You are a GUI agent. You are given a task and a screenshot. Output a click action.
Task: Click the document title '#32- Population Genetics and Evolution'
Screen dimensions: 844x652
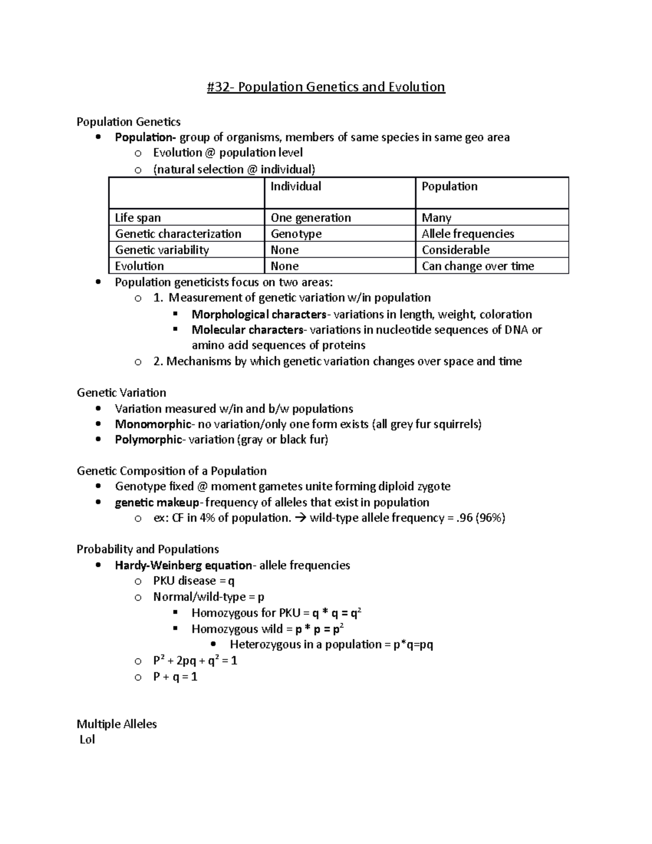coord(325,87)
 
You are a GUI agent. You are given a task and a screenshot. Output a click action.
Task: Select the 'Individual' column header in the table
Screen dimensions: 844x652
coord(296,186)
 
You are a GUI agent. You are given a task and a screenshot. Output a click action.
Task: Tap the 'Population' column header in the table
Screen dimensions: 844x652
coord(449,186)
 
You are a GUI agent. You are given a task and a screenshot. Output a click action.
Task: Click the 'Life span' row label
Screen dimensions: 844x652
coord(137,218)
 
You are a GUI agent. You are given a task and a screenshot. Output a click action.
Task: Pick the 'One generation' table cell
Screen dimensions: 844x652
coord(311,218)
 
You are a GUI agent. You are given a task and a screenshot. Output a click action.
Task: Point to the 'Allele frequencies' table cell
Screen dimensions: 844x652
coord(467,234)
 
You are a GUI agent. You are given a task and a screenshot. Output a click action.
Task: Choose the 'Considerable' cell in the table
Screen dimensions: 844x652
coord(455,250)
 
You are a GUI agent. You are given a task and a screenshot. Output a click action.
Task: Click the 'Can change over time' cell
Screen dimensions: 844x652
coord(478,266)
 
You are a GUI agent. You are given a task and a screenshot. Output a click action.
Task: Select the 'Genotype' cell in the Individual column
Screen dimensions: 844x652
coord(296,234)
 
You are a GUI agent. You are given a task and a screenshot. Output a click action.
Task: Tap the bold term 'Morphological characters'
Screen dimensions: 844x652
coord(259,314)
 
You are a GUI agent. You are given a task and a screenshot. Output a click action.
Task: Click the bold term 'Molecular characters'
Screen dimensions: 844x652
coord(247,330)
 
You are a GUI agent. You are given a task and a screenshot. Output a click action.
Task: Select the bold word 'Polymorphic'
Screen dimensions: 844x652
coord(148,440)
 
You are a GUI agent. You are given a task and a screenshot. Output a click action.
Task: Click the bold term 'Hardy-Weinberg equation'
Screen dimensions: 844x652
coord(183,565)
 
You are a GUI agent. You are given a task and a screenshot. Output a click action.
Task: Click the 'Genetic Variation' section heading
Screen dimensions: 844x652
coord(121,392)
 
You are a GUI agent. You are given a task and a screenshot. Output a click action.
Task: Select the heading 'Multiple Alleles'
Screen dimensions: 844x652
coord(116,724)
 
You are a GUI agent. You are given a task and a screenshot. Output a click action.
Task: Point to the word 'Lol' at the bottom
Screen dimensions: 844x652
coord(87,740)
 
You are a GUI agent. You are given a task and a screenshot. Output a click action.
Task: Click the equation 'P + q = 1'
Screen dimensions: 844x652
coord(175,677)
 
